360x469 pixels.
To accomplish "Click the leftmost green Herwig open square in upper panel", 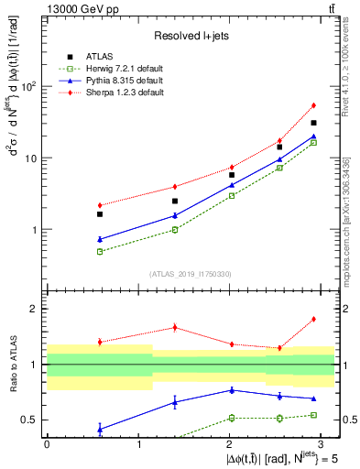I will tap(100, 251).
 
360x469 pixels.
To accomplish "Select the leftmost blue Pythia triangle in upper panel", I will tap(100, 239).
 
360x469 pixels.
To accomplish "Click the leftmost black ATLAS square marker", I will tap(100, 213).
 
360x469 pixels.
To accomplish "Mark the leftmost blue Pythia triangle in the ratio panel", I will tap(100, 429).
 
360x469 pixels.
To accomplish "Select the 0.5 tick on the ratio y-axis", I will tap(33, 420).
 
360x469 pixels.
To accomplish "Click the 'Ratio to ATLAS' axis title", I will tap(13, 365).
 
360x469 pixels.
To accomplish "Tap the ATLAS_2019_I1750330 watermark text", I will tap(191, 273).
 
